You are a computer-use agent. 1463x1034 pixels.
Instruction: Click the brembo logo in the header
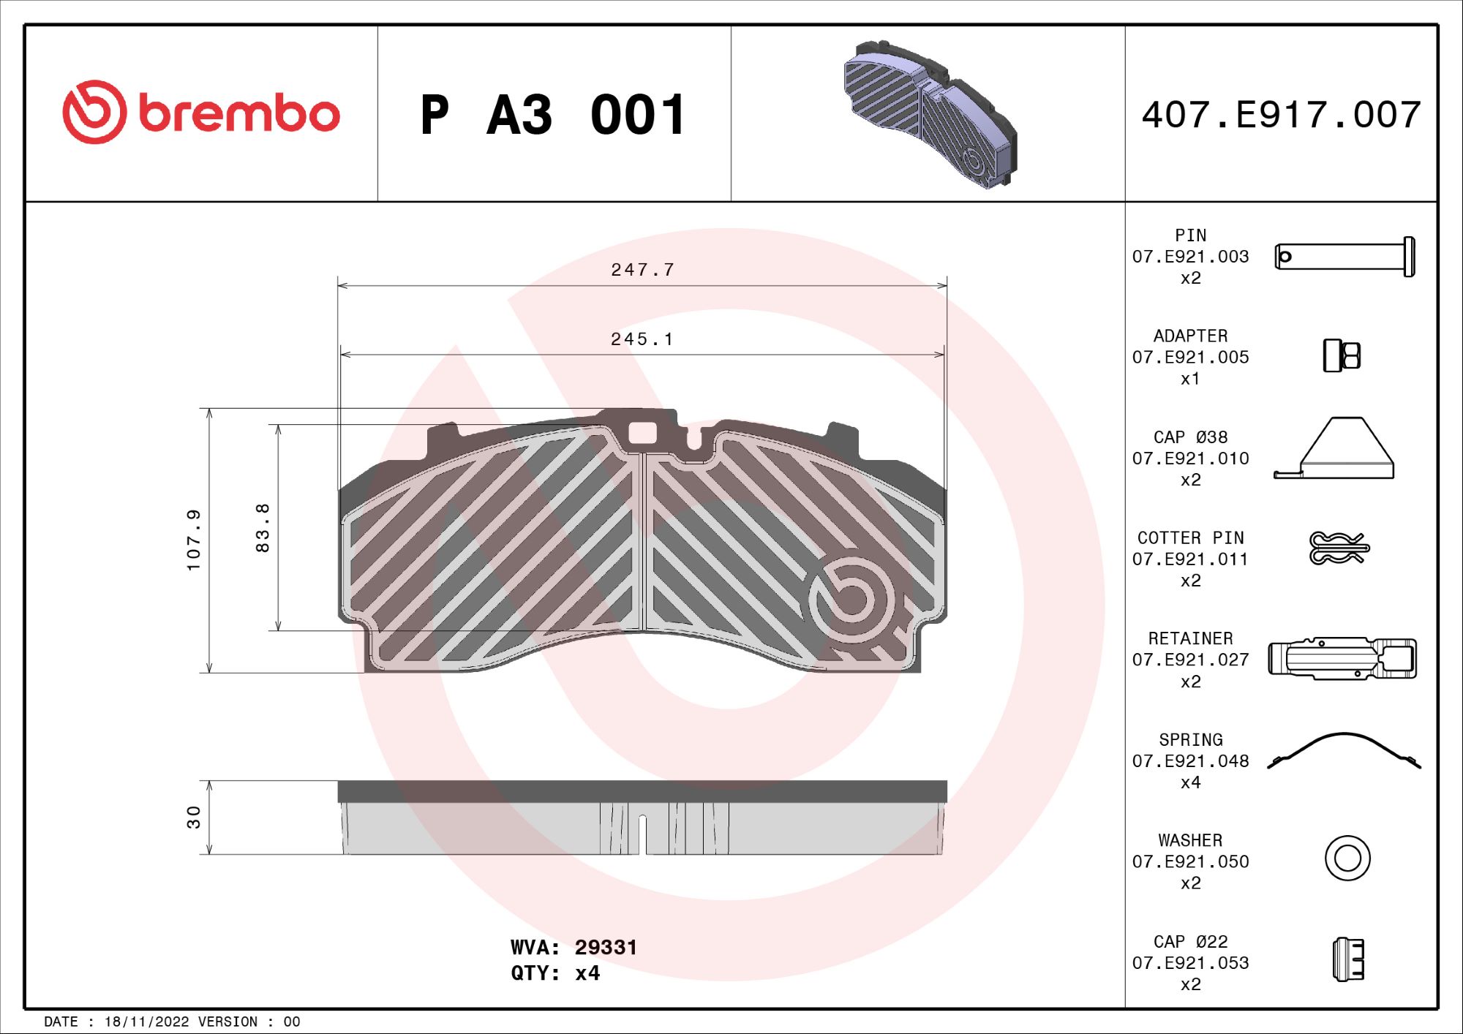(x=201, y=113)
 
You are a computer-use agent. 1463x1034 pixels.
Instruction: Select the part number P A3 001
(x=553, y=116)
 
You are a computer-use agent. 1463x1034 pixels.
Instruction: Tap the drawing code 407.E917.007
(x=1282, y=116)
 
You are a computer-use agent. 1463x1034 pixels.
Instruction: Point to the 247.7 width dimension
(x=642, y=270)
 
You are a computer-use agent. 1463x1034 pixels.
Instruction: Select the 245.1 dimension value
(x=642, y=339)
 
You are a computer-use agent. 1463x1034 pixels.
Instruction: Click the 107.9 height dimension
(x=193, y=540)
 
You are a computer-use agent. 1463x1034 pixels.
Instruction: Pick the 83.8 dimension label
(x=263, y=527)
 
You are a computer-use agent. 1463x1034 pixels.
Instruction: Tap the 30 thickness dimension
(x=193, y=817)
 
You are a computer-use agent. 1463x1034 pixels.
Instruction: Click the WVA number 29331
(x=606, y=948)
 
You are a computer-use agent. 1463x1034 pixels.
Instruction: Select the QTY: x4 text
(x=555, y=973)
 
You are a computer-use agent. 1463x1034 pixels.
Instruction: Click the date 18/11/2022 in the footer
(x=146, y=1022)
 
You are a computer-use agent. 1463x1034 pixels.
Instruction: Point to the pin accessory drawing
(x=1344, y=257)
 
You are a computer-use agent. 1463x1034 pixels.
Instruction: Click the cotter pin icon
(x=1339, y=548)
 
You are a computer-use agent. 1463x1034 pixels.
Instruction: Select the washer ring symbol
(x=1347, y=858)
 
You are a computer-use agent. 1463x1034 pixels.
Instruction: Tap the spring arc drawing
(x=1344, y=750)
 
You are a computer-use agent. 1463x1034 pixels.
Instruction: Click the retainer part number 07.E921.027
(x=1190, y=660)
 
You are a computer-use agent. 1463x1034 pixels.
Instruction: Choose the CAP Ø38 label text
(x=1190, y=437)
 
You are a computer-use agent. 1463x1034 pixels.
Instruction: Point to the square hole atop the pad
(x=642, y=433)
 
